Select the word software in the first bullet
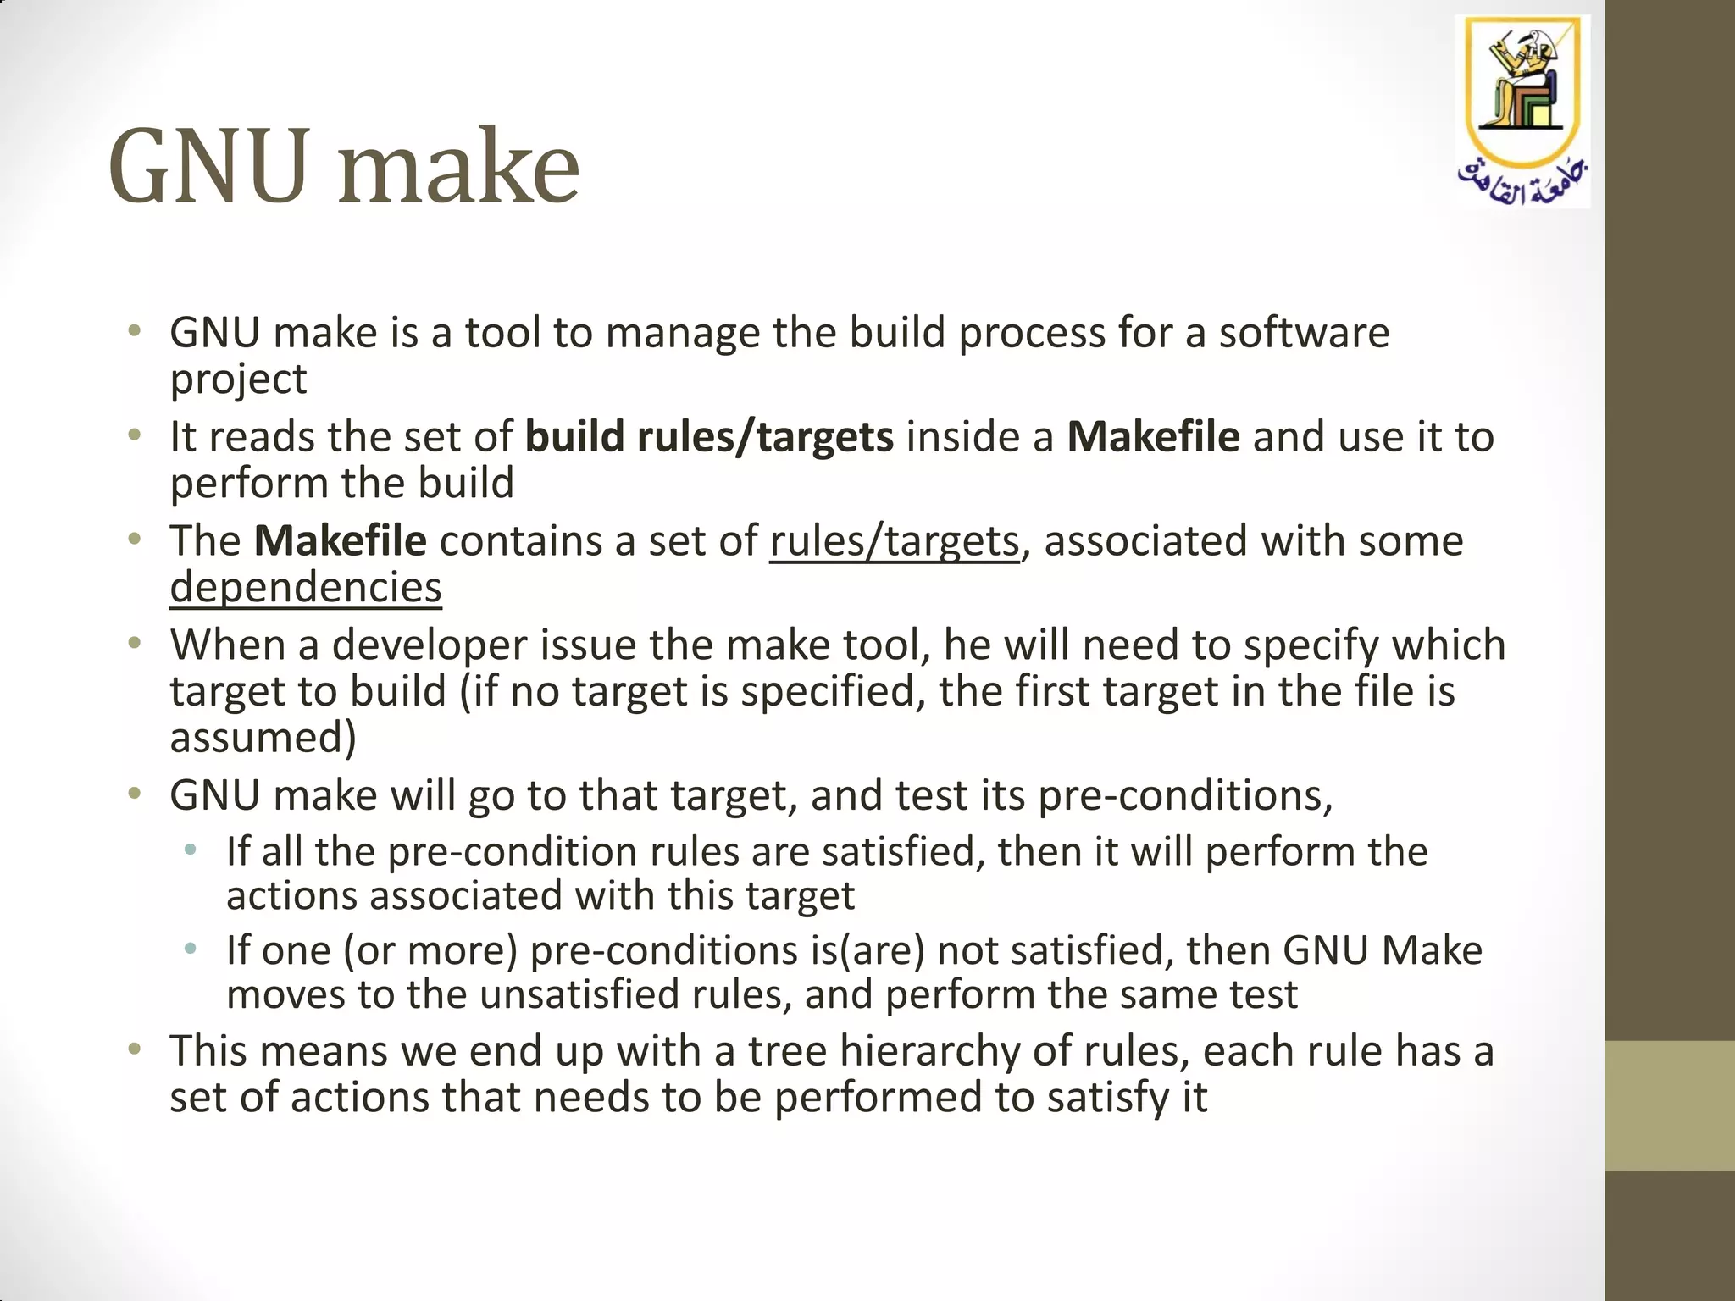click(x=1304, y=332)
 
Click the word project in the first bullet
click(x=238, y=379)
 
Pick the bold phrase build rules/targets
click(x=709, y=437)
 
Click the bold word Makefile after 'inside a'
click(x=1153, y=437)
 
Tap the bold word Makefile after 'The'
click(x=340, y=541)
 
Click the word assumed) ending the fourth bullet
click(x=263, y=737)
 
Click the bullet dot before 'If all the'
click(x=191, y=850)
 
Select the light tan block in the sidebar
click(x=1669, y=1105)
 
